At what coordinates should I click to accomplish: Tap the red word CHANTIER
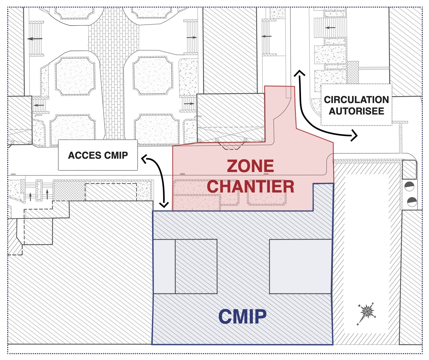point(250,186)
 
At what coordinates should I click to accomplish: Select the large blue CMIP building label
point(242,317)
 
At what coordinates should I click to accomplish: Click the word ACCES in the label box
point(85,155)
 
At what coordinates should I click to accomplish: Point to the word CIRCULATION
point(356,100)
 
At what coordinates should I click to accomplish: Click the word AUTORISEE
point(356,111)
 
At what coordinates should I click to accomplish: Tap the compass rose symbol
point(367,311)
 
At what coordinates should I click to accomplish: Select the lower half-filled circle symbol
point(412,202)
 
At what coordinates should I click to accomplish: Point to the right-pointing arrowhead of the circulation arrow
point(355,136)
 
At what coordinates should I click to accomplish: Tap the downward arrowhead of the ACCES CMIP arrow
point(164,205)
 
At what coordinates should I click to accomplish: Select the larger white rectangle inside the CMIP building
point(300,266)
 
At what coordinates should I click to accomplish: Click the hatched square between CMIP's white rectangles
point(196,266)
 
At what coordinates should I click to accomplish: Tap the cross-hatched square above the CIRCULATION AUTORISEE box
point(353,72)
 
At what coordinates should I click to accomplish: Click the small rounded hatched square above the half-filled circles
point(409,170)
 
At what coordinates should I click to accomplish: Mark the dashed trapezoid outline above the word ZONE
point(231,146)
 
